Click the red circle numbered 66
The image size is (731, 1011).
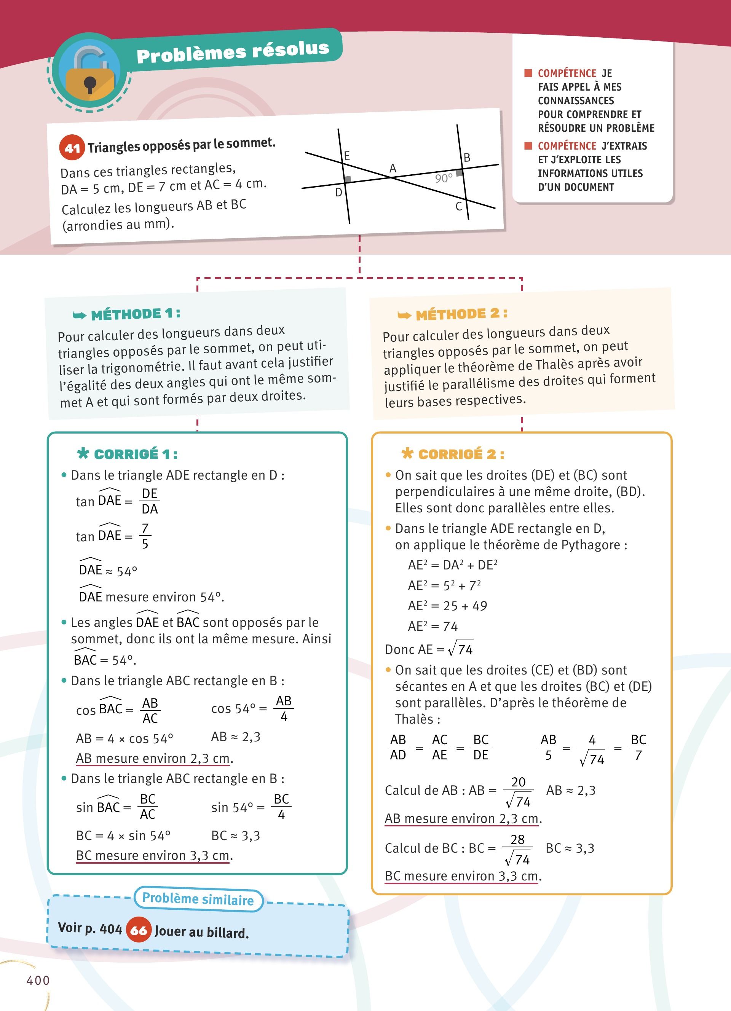[x=139, y=930]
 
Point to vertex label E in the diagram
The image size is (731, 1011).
[x=347, y=156]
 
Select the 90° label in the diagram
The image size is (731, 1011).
[x=444, y=178]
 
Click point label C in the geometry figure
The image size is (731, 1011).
[x=458, y=206]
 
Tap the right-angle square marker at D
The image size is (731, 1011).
[x=348, y=179]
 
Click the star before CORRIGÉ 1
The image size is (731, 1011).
[x=83, y=453]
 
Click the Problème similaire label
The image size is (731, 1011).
[x=198, y=899]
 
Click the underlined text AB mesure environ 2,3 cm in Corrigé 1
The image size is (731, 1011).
[x=154, y=758]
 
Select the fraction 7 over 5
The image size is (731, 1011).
[x=145, y=536]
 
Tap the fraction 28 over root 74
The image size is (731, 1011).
[x=517, y=849]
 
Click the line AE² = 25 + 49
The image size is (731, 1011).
[x=447, y=606]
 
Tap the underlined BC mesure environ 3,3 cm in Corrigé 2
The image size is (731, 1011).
[x=462, y=876]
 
